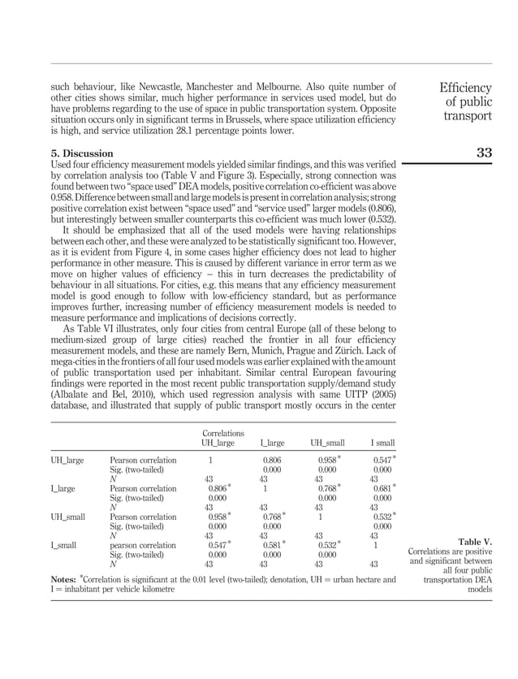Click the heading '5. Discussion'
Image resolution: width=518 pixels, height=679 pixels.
coord(82,153)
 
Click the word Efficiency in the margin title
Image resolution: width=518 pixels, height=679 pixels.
coord(465,88)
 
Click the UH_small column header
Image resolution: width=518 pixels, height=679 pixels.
coord(327,443)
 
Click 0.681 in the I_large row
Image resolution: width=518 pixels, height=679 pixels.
coord(381,489)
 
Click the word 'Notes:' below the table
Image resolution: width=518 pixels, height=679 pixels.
coord(65,579)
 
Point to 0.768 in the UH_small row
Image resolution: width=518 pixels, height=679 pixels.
coord(271,517)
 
